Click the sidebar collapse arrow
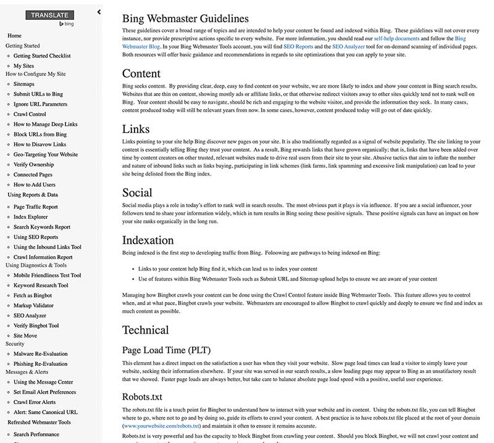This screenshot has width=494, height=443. point(99,12)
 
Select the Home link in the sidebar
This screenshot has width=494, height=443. point(14,36)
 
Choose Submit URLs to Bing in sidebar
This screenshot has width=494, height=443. point(38,94)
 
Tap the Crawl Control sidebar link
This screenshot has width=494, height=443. point(30,114)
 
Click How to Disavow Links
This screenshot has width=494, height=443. point(40,145)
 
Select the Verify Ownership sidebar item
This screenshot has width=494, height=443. point(33,164)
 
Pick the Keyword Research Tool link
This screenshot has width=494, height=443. point(41,285)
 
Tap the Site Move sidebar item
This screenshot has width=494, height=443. point(25,335)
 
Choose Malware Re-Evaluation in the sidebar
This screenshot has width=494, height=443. point(41,354)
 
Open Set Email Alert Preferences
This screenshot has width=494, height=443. point(44,392)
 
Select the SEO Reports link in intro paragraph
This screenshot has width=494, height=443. point(298,46)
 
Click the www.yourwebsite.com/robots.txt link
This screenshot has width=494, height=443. point(162,426)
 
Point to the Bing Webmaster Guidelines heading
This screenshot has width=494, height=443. point(185,19)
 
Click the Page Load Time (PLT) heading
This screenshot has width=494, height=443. point(166,350)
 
